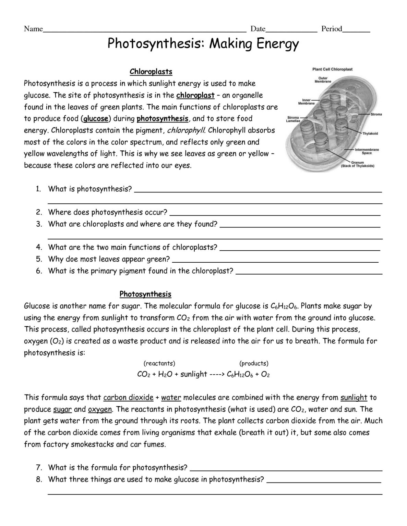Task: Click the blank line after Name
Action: pyautogui.click(x=144, y=31)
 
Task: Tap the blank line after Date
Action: pyautogui.click(x=291, y=31)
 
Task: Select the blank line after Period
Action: pyautogui.click(x=356, y=31)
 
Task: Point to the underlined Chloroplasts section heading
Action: pyautogui.click(x=151, y=72)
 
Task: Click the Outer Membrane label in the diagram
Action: pyautogui.click(x=323, y=80)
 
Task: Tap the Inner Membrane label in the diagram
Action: pyautogui.click(x=306, y=102)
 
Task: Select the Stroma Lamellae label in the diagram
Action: pyautogui.click(x=294, y=120)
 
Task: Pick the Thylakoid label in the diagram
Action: pyautogui.click(x=370, y=133)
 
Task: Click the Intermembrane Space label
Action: pyautogui.click(x=367, y=151)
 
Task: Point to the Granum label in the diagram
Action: pyautogui.click(x=357, y=164)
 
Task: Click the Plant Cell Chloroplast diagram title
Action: pyautogui.click(x=332, y=69)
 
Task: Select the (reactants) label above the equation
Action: pyautogui.click(x=159, y=363)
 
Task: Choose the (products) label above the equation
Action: pyautogui.click(x=254, y=363)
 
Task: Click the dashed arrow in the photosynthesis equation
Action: pyautogui.click(x=216, y=374)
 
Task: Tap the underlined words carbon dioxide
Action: pyautogui.click(x=128, y=398)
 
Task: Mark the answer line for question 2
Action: pyautogui.click(x=275, y=214)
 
